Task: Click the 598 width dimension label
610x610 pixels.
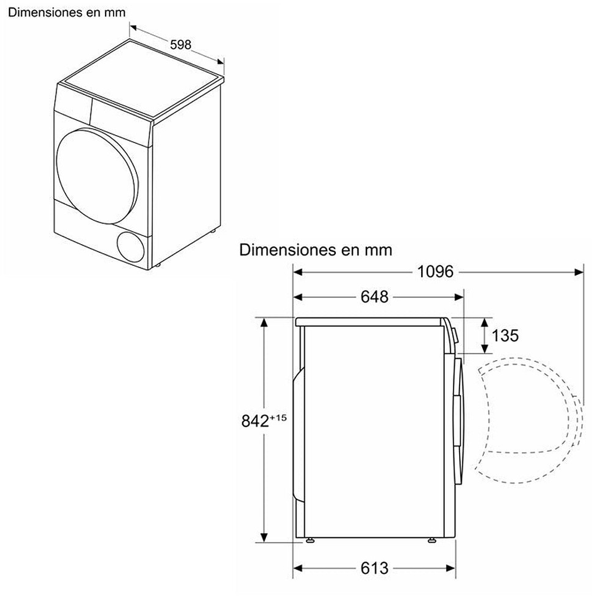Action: [181, 45]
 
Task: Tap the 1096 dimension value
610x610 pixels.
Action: [435, 272]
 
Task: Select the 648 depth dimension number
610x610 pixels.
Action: [374, 297]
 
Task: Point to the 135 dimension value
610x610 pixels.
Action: [505, 335]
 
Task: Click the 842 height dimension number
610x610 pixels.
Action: [255, 421]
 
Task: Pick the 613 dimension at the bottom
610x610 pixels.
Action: [374, 568]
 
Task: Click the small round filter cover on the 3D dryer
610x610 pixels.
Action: [131, 245]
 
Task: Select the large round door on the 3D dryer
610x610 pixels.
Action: [97, 175]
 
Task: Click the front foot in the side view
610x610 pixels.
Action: [432, 540]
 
